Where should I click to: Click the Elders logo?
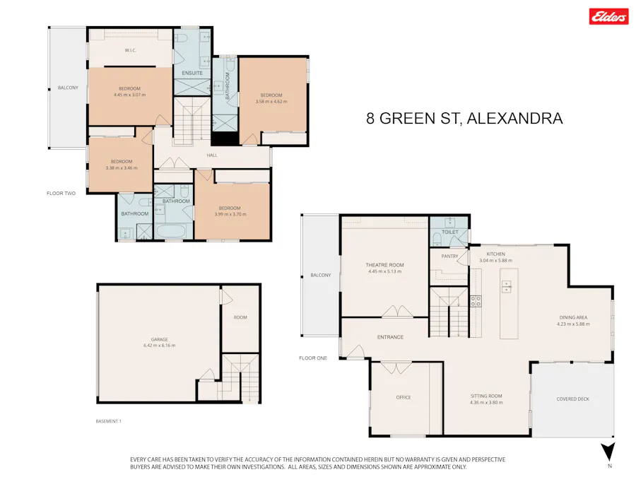(x=608, y=16)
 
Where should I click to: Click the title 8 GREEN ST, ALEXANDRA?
(x=464, y=118)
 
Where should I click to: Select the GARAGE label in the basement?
(x=159, y=339)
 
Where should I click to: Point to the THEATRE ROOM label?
(x=384, y=265)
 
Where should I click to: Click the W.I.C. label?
(x=130, y=50)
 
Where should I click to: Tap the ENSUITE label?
(x=192, y=73)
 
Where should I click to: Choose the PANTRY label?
(x=449, y=257)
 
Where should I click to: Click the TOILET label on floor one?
(x=450, y=232)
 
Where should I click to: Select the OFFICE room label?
(x=404, y=397)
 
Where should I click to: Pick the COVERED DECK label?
(x=572, y=399)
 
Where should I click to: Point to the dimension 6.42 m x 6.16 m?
(x=159, y=346)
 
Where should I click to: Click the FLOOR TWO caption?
(x=61, y=193)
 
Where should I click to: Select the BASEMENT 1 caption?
(x=109, y=421)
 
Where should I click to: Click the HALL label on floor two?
(x=212, y=155)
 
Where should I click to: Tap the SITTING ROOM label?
(x=486, y=396)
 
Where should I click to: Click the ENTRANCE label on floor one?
(x=390, y=337)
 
